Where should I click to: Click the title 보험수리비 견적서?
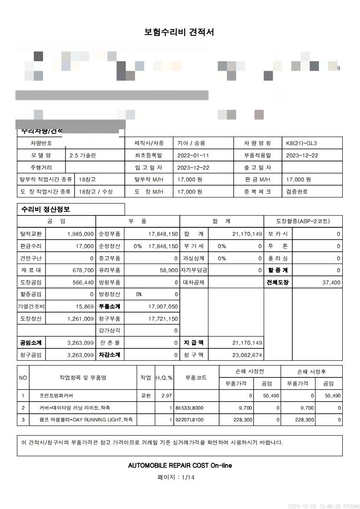[179, 32]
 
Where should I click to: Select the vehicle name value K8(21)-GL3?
[301, 143]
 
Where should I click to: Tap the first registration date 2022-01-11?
[192, 155]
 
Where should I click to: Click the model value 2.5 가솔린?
[83, 155]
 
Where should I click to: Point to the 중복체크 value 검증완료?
[297, 191]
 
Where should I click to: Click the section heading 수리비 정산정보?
[45, 210]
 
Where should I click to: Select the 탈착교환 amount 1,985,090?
[80, 234]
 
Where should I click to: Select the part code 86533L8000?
[189, 408]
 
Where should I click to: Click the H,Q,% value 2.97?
[167, 396]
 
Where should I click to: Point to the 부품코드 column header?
[196, 377]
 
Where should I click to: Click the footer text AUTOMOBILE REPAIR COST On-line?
[180, 465]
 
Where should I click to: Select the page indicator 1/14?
[188, 477]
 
